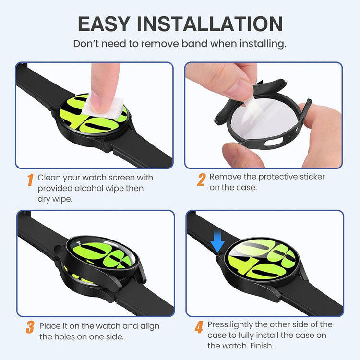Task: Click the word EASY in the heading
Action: click(x=104, y=24)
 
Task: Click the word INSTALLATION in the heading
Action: click(x=210, y=24)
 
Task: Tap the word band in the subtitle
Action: click(x=195, y=43)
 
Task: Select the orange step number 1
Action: click(x=30, y=180)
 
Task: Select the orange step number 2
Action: click(x=201, y=180)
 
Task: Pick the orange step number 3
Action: click(x=30, y=327)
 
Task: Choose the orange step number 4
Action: click(x=199, y=327)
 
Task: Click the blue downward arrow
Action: click(x=217, y=241)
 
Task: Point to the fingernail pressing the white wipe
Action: click(x=96, y=105)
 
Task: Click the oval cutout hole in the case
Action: click(x=274, y=142)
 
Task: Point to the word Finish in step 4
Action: click(x=262, y=346)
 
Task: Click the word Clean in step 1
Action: click(x=49, y=178)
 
